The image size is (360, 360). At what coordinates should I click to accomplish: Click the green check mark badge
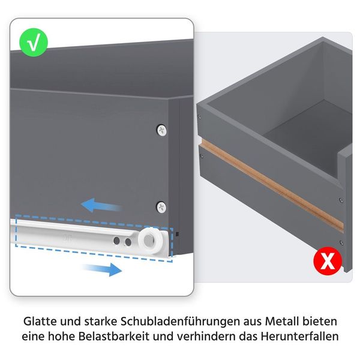(x=34, y=43)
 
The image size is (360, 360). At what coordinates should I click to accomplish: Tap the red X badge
(x=328, y=261)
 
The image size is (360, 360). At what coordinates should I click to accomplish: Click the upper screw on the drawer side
(x=161, y=130)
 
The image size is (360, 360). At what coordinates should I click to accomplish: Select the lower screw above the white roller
(x=161, y=207)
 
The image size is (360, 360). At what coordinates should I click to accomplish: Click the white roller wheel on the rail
(x=151, y=240)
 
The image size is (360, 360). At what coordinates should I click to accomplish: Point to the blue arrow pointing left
(x=101, y=205)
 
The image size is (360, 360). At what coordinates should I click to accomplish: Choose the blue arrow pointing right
(x=102, y=269)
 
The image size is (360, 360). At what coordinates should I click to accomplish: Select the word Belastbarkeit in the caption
(x=114, y=337)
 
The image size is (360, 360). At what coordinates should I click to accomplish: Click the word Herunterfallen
(x=299, y=337)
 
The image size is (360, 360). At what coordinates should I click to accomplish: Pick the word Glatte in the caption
(x=40, y=322)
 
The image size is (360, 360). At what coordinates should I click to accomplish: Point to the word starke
(x=101, y=322)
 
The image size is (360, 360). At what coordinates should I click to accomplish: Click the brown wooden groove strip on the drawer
(x=272, y=185)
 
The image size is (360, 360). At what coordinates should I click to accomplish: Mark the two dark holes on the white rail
(x=122, y=241)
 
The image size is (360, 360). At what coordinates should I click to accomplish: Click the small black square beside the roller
(x=177, y=234)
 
